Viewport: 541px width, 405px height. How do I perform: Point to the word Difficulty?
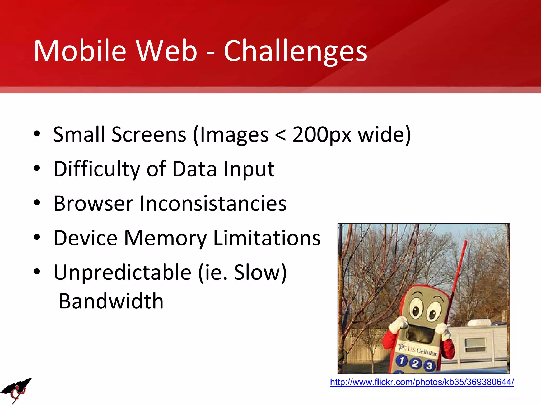[97, 169]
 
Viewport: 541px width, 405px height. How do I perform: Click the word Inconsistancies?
[213, 204]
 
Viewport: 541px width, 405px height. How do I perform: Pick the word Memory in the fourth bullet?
[165, 238]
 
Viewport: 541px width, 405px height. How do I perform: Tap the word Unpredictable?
[122, 272]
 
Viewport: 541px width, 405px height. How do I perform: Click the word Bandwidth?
[111, 301]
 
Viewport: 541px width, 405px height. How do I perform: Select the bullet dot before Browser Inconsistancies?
[37, 203]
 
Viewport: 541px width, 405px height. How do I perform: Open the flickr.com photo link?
[422, 382]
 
